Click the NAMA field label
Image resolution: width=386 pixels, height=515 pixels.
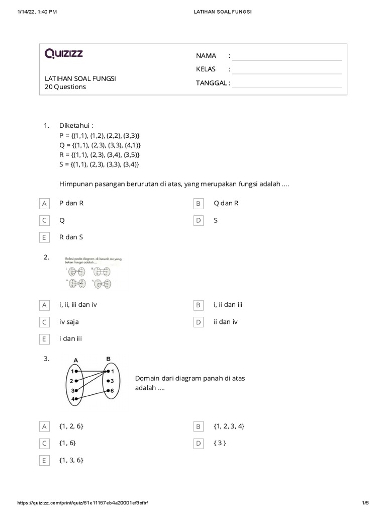[206, 55]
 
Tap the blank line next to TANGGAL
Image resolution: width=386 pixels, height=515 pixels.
[286, 83]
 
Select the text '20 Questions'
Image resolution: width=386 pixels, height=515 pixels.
[65, 87]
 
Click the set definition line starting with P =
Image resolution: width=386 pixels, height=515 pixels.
[100, 136]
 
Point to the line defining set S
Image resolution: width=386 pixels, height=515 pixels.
[99, 164]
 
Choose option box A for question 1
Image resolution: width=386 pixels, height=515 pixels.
[44, 204]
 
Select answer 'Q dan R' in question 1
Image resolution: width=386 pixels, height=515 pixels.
[226, 204]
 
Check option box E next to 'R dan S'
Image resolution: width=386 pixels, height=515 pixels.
[44, 237]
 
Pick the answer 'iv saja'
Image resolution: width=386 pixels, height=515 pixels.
[69, 322]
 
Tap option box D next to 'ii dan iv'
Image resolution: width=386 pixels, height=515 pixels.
[199, 322]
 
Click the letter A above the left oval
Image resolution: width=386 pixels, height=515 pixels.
[75, 360]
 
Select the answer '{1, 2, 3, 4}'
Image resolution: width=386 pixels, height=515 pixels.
[229, 426]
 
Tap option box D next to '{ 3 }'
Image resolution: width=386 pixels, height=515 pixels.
[199, 443]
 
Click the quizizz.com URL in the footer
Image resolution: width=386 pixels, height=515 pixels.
[83, 503]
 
